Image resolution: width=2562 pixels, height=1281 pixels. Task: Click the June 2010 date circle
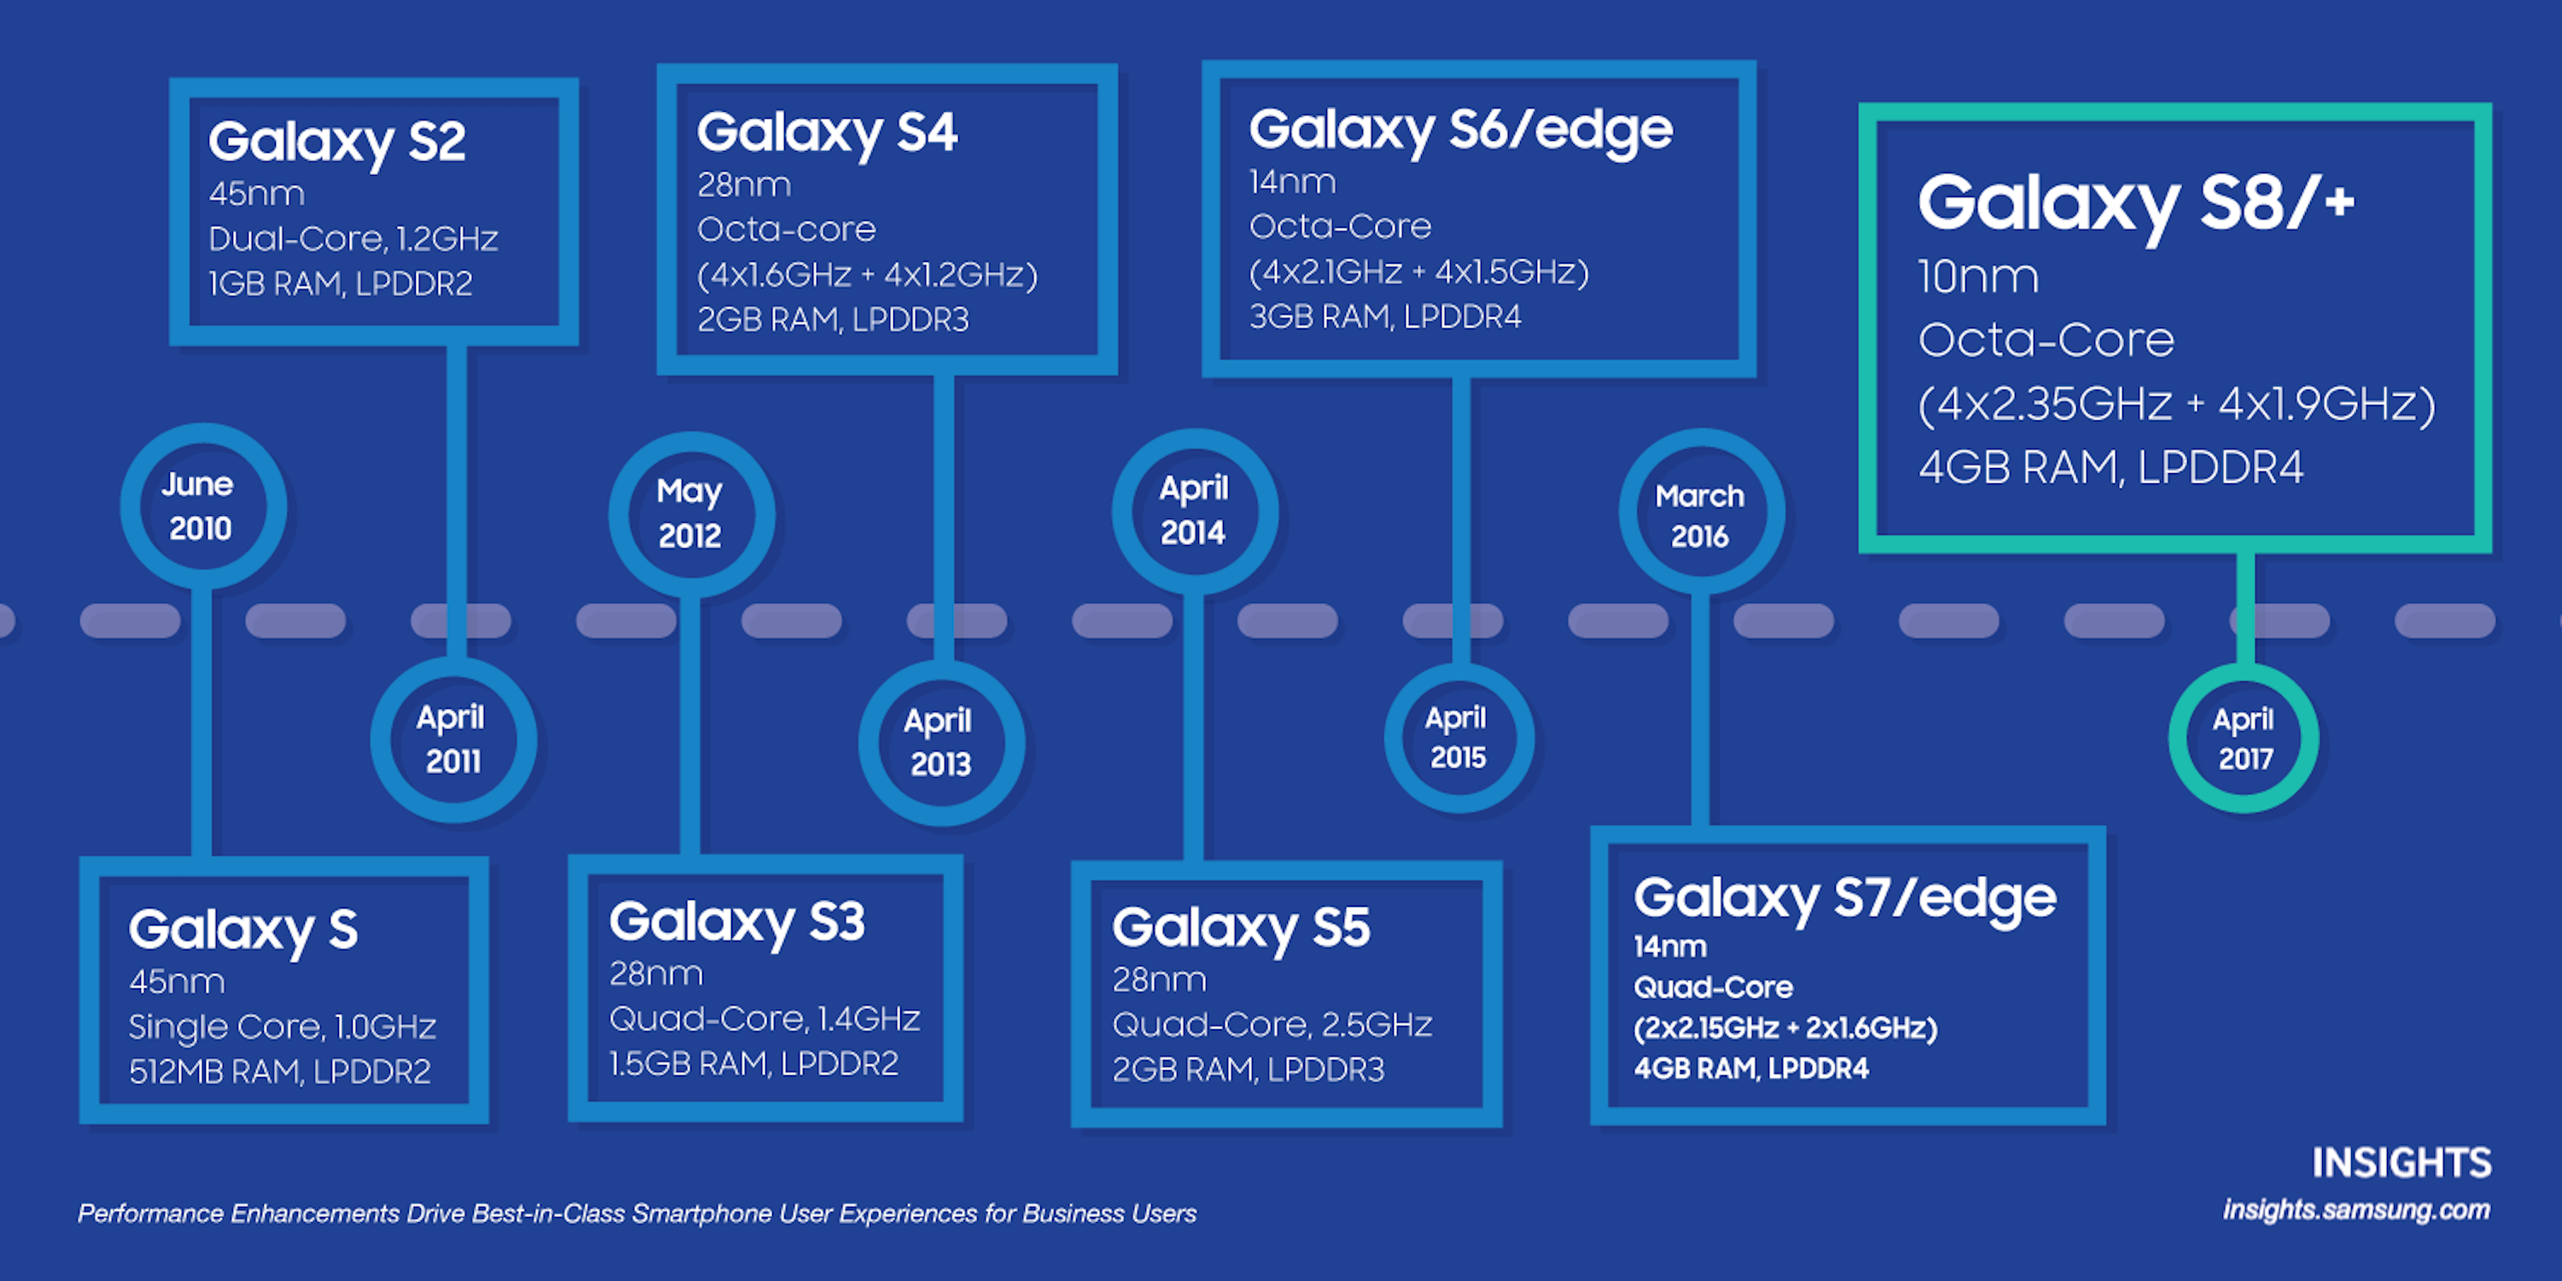pyautogui.click(x=202, y=506)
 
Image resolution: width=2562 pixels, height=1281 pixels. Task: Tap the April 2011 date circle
pyautogui.click(x=453, y=740)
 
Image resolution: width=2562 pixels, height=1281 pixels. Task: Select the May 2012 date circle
pyautogui.click(x=691, y=514)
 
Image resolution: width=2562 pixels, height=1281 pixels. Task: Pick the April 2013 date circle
pyautogui.click(x=941, y=743)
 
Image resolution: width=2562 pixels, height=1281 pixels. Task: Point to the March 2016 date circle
pyautogui.click(x=1700, y=514)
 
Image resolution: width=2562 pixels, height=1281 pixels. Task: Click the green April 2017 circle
pyautogui.click(x=2243, y=739)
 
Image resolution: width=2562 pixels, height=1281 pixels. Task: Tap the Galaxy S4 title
pyautogui.click(x=828, y=133)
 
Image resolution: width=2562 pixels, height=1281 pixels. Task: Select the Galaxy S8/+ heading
pyautogui.click(x=2135, y=204)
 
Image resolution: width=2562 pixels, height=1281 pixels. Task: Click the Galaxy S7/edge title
pyautogui.click(x=1845, y=899)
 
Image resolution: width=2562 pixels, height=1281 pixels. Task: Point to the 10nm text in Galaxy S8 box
pyautogui.click(x=1978, y=277)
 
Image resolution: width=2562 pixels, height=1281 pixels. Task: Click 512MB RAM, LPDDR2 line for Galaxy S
pyautogui.click(x=280, y=1071)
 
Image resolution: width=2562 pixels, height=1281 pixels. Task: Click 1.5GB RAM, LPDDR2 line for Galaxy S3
pyautogui.click(x=754, y=1064)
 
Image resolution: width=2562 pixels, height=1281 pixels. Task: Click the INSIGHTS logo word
pyautogui.click(x=2401, y=1162)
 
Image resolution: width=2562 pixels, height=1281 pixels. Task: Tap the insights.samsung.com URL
pyautogui.click(x=2356, y=1210)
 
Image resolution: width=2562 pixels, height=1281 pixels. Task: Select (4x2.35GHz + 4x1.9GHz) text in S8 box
pyautogui.click(x=2176, y=405)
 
